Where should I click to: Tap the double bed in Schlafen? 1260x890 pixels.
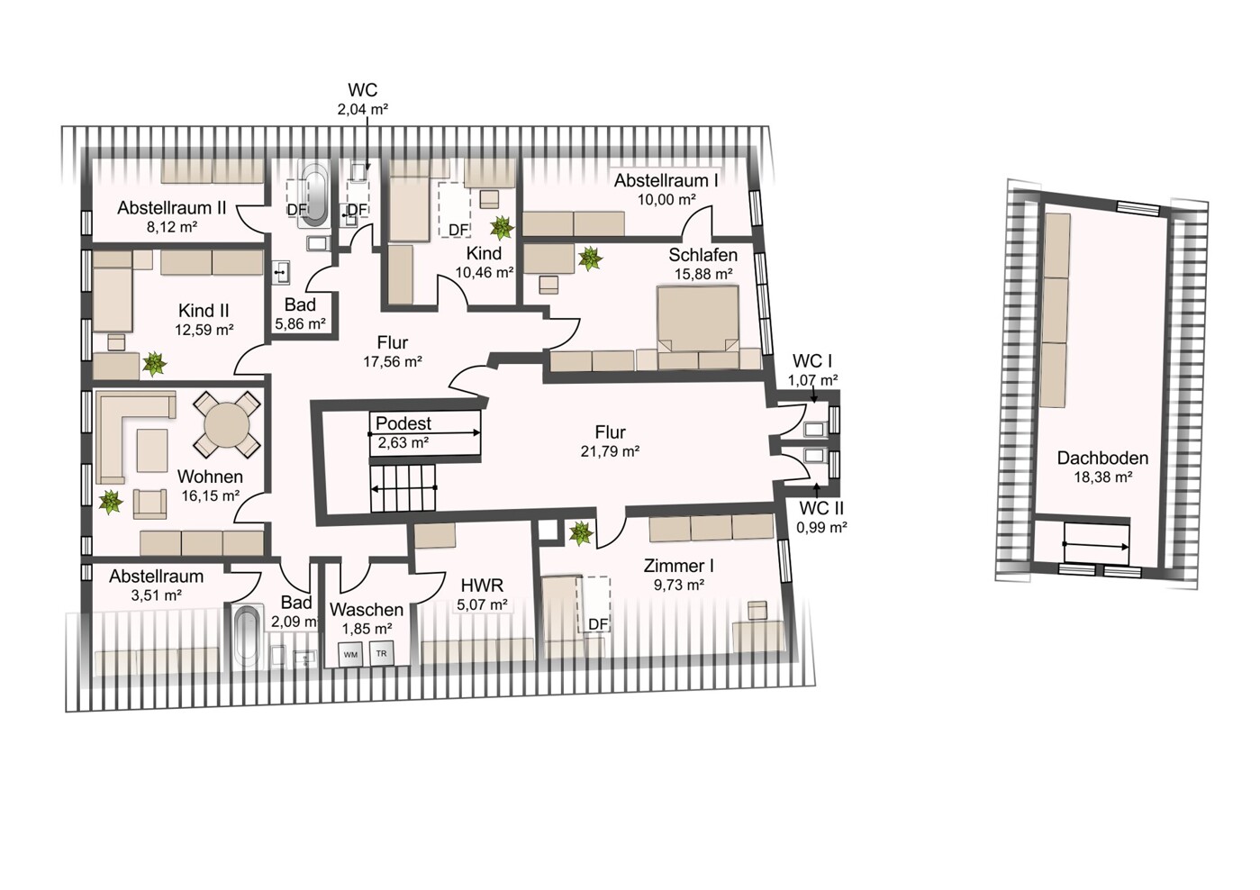(697, 327)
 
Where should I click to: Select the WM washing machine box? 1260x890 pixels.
(350, 654)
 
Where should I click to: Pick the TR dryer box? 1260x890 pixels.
(381, 654)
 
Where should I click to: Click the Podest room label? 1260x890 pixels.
(403, 423)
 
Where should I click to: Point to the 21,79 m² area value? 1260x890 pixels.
(611, 451)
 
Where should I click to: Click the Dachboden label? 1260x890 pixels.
(1102, 458)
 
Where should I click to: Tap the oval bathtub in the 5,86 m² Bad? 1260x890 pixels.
(315, 195)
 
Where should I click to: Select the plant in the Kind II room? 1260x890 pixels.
(154, 363)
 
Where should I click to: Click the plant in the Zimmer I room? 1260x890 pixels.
(581, 532)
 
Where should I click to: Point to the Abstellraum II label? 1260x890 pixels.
(171, 207)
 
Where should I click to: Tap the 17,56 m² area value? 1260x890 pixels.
(393, 362)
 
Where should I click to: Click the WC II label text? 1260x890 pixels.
(821, 508)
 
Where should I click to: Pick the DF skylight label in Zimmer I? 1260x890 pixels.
(599, 624)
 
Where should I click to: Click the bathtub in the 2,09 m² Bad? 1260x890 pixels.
(247, 636)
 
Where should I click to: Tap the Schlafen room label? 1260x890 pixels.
(703, 255)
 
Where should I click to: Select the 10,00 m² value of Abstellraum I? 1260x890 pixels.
(666, 199)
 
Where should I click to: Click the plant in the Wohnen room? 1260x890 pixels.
(110, 502)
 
